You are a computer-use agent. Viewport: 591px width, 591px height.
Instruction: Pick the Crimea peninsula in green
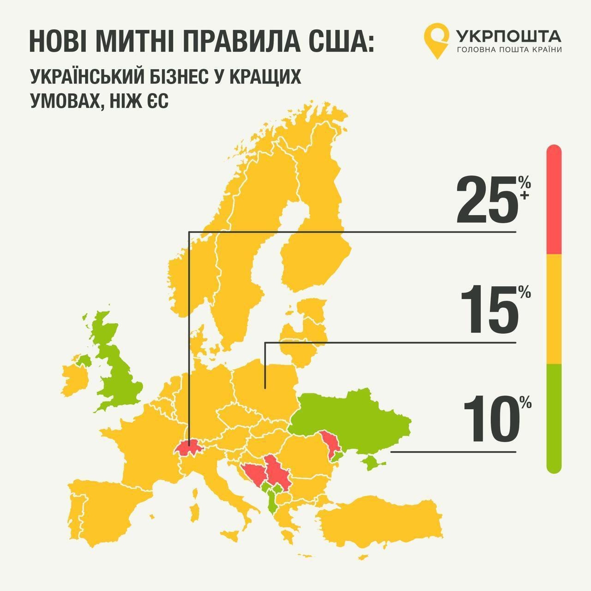point(372,461)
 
